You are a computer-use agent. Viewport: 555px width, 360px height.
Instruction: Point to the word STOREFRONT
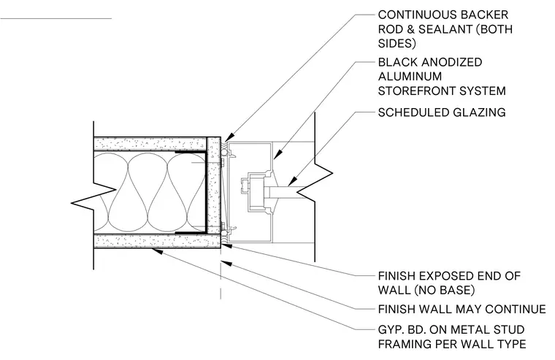(418, 91)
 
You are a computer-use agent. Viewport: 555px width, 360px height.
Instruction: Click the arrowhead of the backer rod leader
(229, 137)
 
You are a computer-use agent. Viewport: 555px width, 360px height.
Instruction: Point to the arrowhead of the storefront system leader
(277, 154)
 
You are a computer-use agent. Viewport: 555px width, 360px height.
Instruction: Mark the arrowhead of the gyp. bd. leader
(157, 251)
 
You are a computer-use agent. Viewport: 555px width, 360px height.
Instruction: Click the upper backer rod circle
(223, 152)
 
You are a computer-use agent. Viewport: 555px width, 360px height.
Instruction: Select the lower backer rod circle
(223, 233)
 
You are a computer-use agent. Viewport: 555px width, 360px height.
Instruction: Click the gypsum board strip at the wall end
(214, 190)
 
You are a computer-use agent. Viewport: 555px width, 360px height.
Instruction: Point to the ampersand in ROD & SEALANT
(410, 29)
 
